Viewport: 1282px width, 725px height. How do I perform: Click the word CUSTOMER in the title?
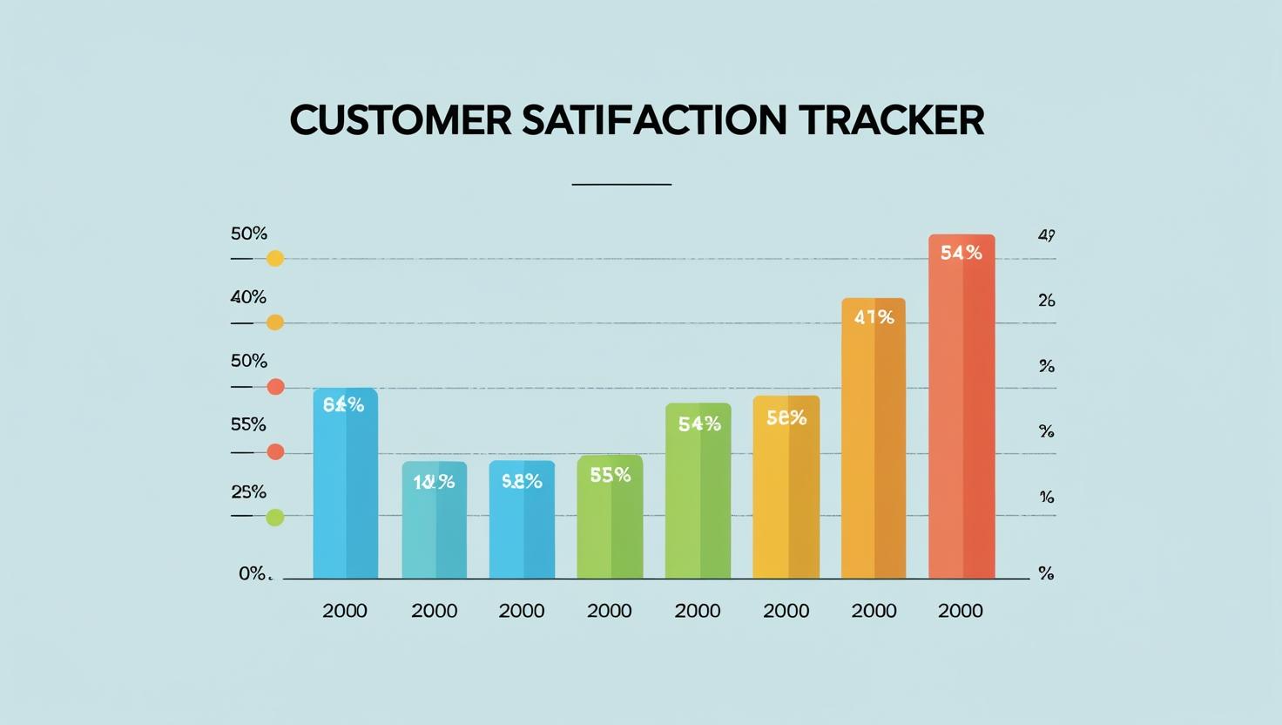(x=400, y=120)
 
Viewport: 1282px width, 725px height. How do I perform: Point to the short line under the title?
(x=621, y=185)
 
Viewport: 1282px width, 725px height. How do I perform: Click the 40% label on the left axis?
(x=248, y=297)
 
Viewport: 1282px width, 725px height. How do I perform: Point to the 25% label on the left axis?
(x=248, y=491)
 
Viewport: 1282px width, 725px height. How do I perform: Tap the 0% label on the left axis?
(x=252, y=573)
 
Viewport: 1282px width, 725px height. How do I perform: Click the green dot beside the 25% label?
(x=275, y=518)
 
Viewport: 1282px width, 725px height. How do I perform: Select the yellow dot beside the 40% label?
(x=275, y=322)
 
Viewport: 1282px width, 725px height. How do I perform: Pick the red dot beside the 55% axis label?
(x=275, y=451)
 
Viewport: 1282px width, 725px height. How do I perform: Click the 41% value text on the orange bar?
(x=874, y=317)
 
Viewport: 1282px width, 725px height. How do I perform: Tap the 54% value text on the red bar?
(x=961, y=253)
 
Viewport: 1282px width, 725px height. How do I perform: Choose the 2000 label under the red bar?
(x=961, y=611)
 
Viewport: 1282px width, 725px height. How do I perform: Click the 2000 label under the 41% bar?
(x=874, y=611)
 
